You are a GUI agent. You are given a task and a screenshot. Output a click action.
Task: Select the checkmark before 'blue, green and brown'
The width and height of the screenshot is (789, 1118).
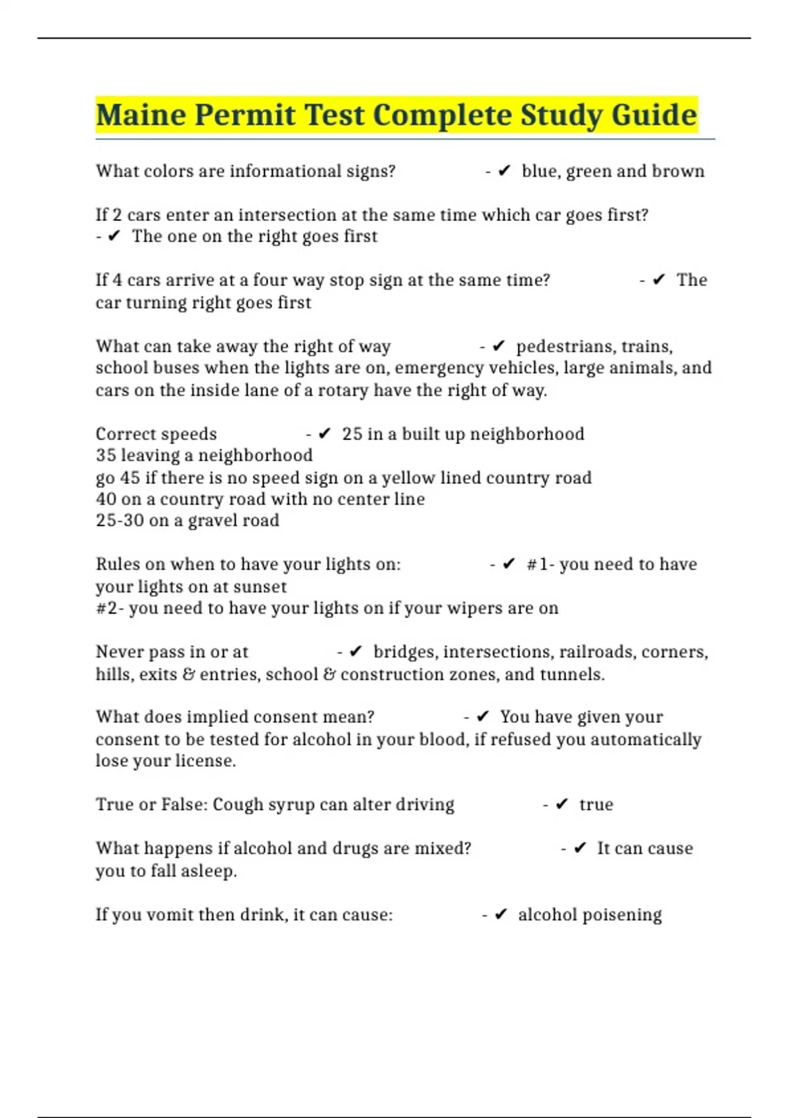point(504,172)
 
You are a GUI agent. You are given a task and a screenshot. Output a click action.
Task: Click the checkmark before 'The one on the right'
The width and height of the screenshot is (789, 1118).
point(114,237)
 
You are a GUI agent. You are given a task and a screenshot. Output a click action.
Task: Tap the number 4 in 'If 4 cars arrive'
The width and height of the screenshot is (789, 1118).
point(117,280)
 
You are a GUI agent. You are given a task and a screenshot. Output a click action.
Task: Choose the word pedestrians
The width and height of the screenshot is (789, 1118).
point(560,347)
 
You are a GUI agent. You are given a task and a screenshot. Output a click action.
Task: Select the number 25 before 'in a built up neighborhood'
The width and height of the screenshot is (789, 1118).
point(352,434)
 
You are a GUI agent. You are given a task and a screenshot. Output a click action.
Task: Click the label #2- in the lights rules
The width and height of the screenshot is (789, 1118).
point(109,608)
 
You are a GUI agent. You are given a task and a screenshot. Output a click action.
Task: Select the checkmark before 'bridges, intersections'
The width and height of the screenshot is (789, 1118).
point(356,652)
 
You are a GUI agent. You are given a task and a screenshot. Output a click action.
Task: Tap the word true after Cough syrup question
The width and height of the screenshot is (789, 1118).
point(596,805)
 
